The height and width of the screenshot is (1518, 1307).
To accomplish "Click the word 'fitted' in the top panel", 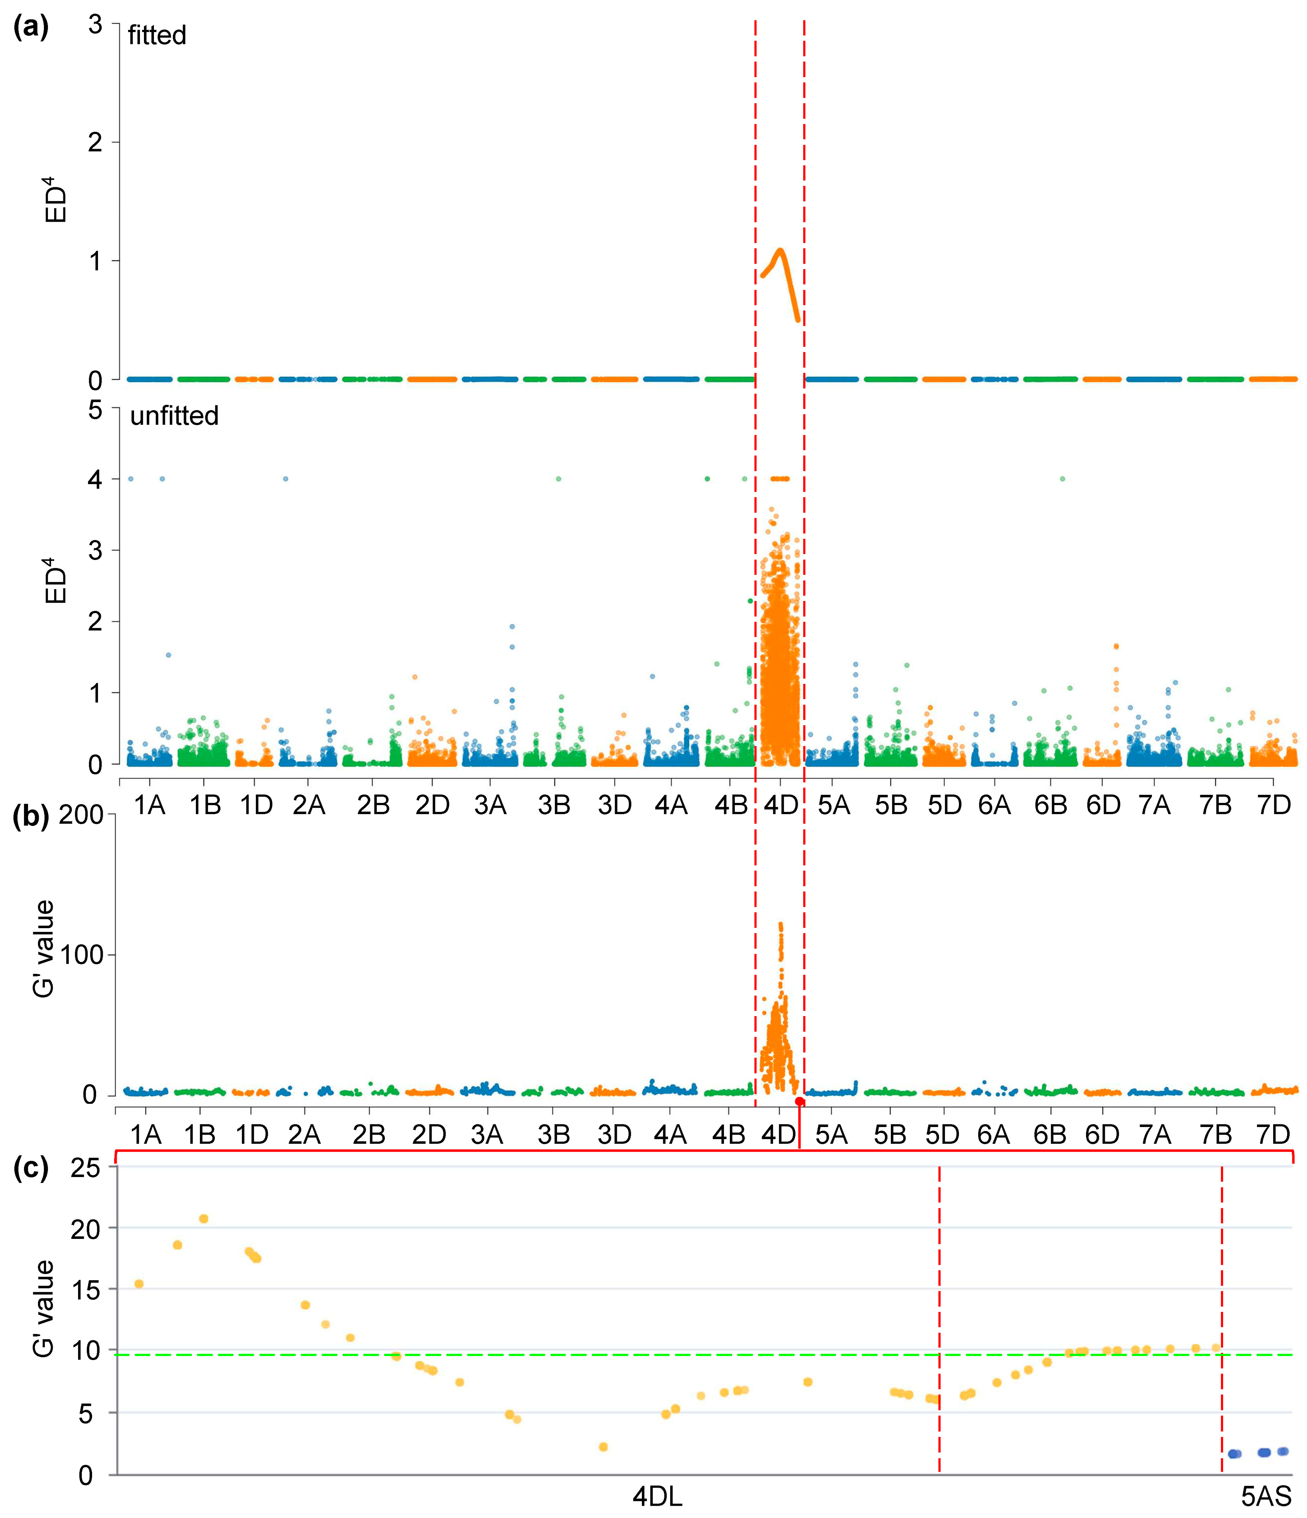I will (x=157, y=35).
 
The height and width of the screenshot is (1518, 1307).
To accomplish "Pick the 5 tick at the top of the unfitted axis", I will (x=95, y=410).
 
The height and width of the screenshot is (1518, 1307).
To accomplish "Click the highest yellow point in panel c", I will (x=204, y=1218).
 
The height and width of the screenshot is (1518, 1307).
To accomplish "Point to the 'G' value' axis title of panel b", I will (x=44, y=949).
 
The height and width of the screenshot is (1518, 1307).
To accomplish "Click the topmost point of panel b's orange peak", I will (x=780, y=924).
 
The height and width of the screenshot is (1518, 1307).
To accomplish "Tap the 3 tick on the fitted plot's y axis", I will (x=95, y=24).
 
